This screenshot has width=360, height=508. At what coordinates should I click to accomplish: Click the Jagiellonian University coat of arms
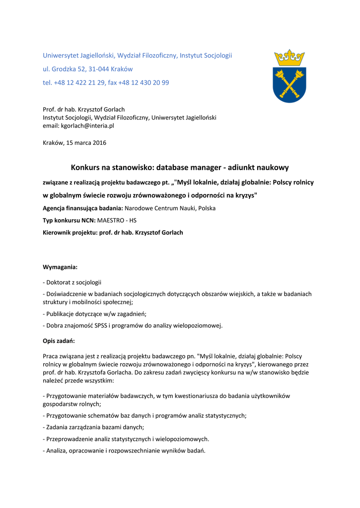[x=289, y=76]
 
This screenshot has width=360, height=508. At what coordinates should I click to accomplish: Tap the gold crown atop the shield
[x=289, y=58]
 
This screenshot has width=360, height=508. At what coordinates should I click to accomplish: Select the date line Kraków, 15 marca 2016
[x=74, y=143]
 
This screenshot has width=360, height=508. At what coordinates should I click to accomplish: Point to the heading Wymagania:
[x=60, y=267]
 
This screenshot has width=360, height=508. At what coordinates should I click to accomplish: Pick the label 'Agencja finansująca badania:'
[x=83, y=208]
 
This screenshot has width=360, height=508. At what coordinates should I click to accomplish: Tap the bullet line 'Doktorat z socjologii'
[x=72, y=282]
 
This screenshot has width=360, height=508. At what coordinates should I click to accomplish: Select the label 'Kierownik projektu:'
[x=71, y=232]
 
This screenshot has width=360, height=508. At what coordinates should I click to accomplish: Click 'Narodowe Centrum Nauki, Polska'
[x=170, y=208]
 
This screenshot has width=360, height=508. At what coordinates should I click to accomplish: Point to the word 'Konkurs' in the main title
[x=86, y=168]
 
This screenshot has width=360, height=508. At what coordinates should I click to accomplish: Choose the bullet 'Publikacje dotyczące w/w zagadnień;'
[x=94, y=314]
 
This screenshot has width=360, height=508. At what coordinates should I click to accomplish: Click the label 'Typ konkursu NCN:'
[x=69, y=220]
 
